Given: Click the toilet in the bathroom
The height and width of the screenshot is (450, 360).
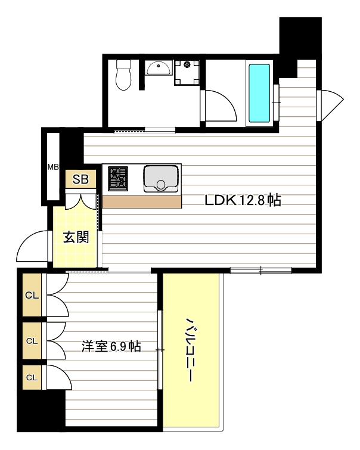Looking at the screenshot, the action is click(x=123, y=75).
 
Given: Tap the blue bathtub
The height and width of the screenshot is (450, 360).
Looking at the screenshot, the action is click(x=259, y=93).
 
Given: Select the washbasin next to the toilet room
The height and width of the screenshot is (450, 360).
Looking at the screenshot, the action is click(x=158, y=68).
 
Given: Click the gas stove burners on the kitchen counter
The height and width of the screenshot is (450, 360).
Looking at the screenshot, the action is click(x=118, y=178).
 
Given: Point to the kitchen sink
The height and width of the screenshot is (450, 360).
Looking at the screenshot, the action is click(x=161, y=178).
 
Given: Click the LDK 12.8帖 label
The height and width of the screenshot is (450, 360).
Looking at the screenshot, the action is click(x=243, y=200).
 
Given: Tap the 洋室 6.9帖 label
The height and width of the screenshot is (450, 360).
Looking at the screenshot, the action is click(x=111, y=346).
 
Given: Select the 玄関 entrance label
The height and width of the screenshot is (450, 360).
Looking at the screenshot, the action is click(x=76, y=237).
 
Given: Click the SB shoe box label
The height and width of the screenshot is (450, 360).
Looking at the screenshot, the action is click(x=80, y=179).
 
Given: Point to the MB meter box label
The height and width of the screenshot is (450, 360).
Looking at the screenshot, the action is click(x=53, y=167).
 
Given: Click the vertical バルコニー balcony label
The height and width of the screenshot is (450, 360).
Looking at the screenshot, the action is click(x=190, y=349).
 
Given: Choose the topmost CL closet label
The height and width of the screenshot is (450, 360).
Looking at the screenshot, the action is click(x=32, y=295).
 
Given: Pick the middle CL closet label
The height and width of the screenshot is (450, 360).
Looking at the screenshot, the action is click(x=32, y=341).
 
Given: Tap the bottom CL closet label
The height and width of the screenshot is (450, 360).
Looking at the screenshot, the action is click(x=32, y=377).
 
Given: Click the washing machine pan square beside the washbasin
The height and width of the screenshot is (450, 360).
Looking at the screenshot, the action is click(x=187, y=72).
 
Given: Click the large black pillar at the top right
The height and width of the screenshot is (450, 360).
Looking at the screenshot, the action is click(x=300, y=38).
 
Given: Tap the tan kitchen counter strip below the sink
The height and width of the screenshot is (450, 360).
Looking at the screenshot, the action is click(x=142, y=202).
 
